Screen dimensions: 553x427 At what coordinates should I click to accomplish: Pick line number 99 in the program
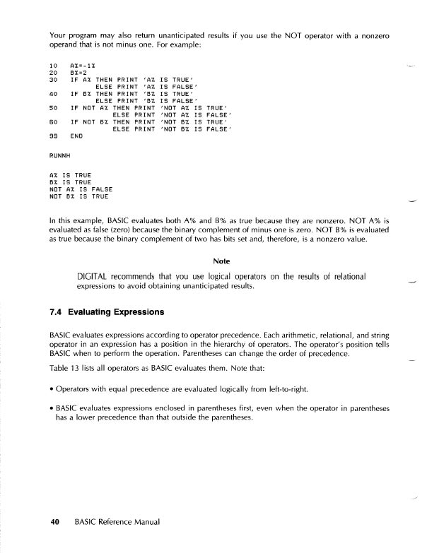point(53,135)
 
